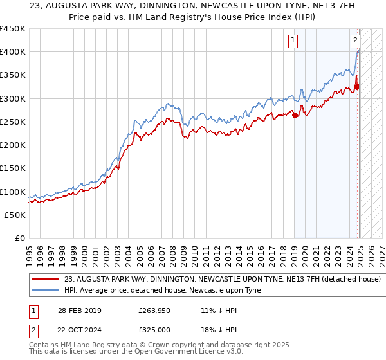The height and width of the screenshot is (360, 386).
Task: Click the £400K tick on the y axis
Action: (x=13, y=51)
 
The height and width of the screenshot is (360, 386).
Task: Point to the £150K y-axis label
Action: (x=13, y=168)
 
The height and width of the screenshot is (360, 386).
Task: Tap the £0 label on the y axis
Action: (x=20, y=239)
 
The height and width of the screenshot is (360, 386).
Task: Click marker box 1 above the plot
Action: (x=293, y=40)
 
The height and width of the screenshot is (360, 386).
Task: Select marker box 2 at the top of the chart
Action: (x=355, y=40)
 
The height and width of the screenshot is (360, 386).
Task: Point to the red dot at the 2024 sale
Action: (x=358, y=87)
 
